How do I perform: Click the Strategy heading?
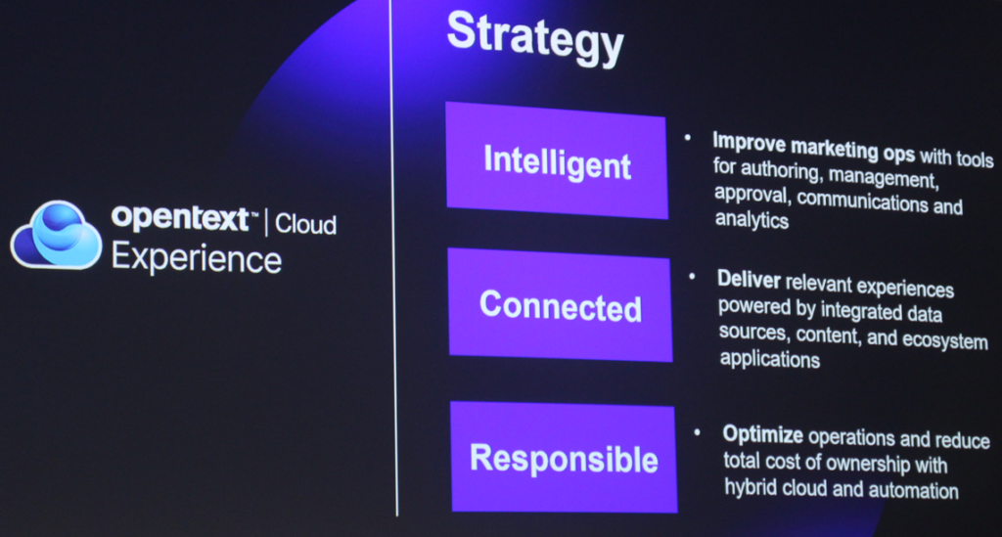tap(535, 37)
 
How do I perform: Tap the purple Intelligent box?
tap(557, 160)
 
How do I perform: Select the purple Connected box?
tap(561, 304)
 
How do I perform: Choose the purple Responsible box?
tap(564, 457)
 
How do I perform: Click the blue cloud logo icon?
tap(56, 235)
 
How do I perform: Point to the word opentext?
tap(180, 218)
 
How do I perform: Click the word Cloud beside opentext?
tap(305, 224)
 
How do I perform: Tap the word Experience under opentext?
tap(196, 258)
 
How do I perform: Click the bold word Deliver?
tap(749, 280)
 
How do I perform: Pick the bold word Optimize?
tap(763, 435)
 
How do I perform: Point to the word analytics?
tap(751, 220)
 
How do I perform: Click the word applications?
tap(769, 359)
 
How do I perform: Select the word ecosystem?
tap(945, 339)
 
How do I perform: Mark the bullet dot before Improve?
tap(688, 137)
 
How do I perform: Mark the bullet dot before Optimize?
tap(697, 433)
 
